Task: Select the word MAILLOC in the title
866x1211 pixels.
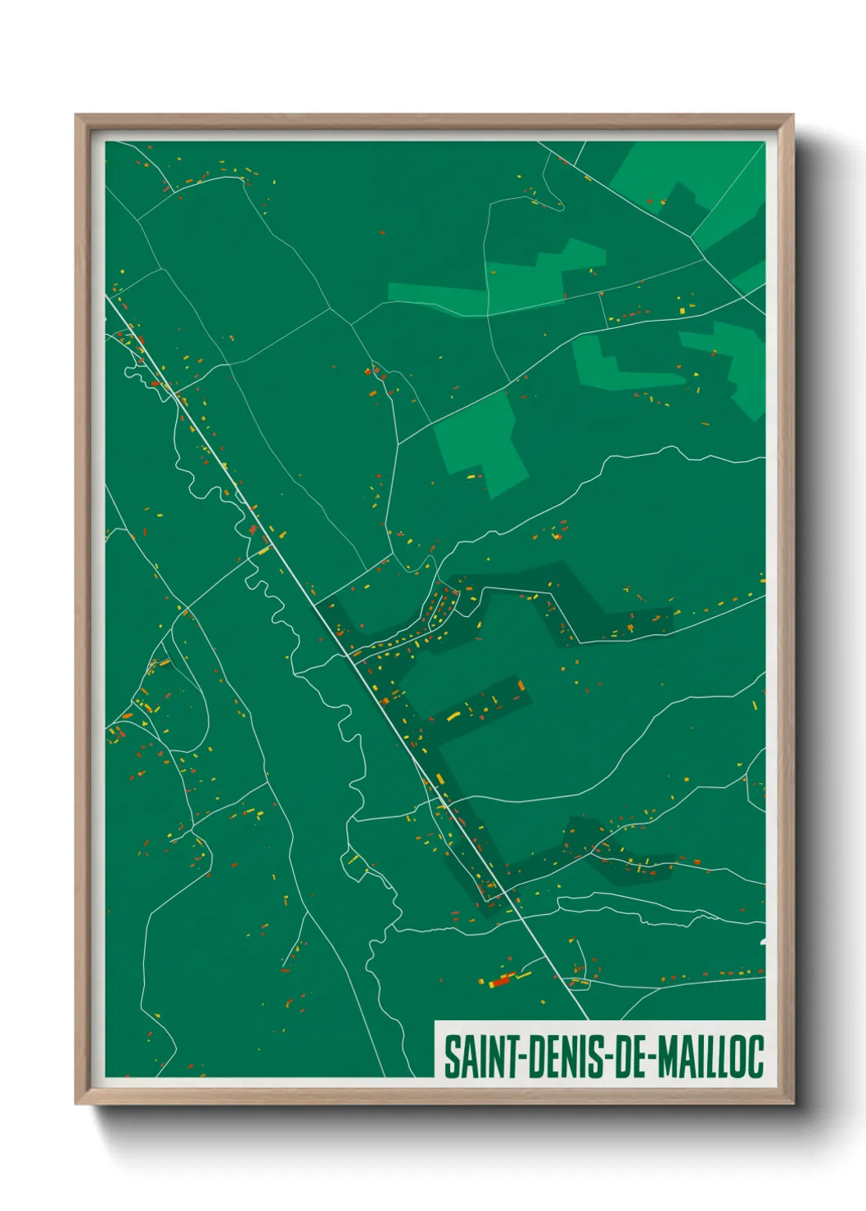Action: point(711,1056)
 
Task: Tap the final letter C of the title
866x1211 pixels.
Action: point(756,1056)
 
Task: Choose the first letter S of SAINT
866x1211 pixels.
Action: point(451,1056)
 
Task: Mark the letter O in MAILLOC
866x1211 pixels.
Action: point(739,1056)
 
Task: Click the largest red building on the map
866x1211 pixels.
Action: point(501,980)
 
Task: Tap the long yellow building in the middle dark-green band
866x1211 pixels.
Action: point(453,717)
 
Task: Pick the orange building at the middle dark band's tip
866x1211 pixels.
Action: point(520,686)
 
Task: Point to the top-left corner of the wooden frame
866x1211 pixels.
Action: point(76,115)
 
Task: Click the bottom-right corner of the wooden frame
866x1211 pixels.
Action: point(792,1103)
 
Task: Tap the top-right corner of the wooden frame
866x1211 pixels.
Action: point(792,115)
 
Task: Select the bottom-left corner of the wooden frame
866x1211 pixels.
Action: point(76,1103)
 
